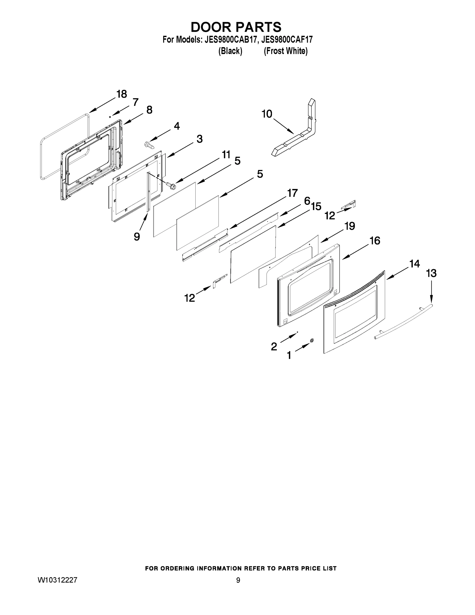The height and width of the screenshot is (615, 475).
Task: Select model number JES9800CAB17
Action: coord(231,40)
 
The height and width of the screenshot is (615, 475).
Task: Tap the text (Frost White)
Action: coord(286,51)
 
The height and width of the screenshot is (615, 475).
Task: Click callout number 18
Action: coord(122,94)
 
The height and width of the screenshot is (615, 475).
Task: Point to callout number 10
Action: coord(267,114)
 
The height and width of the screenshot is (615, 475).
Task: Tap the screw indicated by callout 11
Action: coord(170,185)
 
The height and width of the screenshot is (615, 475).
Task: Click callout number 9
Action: coord(137,237)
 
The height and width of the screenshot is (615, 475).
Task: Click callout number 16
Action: coord(375,241)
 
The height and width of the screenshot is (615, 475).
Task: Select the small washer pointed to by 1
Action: coord(312,341)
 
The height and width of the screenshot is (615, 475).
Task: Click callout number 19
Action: coord(350,226)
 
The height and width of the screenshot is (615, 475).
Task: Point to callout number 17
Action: coord(292,193)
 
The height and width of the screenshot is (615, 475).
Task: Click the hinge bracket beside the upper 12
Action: coord(349,205)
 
